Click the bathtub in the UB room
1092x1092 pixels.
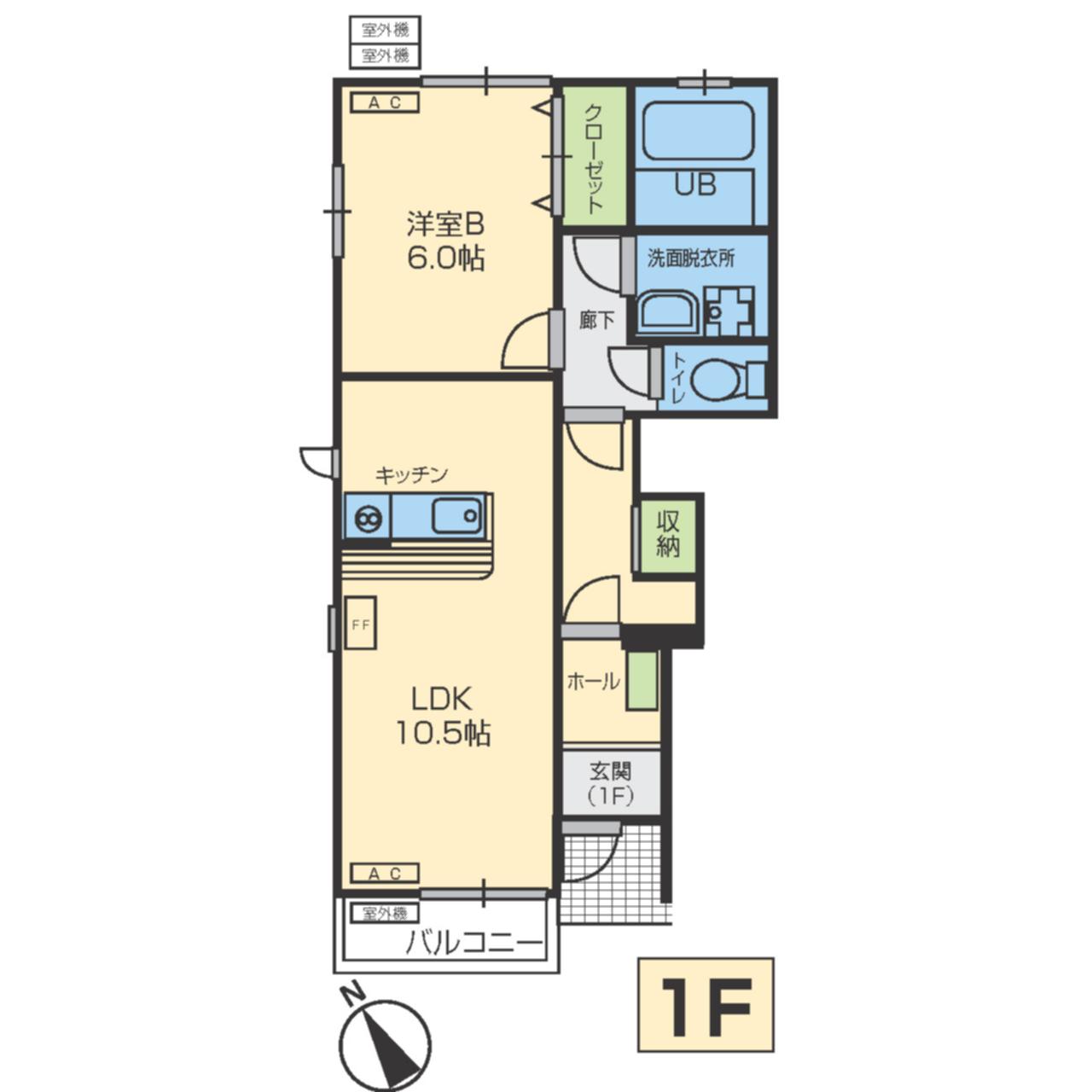pos(700,131)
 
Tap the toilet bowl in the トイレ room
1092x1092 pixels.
pos(715,379)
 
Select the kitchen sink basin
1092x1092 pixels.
pos(456,515)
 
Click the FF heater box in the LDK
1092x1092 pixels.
pos(360,623)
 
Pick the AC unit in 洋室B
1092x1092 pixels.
pos(385,102)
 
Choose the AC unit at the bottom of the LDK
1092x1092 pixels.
pos(385,874)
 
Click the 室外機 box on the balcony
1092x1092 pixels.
pos(385,913)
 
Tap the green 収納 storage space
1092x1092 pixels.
pos(667,536)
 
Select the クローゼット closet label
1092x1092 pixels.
pos(593,159)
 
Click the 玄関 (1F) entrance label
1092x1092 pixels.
pos(610,784)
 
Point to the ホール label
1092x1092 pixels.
pos(593,681)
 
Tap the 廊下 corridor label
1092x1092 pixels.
pos(596,321)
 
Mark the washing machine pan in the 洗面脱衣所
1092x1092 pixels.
pos(729,311)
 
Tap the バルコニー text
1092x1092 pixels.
pos(473,944)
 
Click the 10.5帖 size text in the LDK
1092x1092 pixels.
pos(443,734)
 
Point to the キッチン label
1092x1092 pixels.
pos(411,475)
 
